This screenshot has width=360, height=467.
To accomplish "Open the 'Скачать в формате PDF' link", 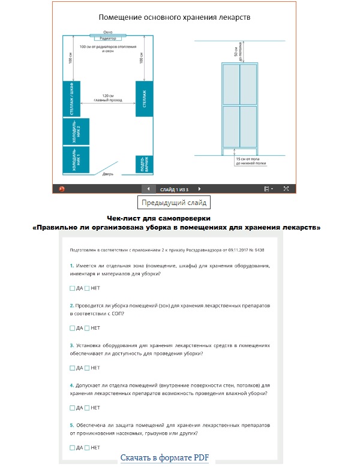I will click(164, 458).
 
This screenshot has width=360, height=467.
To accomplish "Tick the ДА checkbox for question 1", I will click(72, 288).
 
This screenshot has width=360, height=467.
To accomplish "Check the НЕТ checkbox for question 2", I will click(87, 328).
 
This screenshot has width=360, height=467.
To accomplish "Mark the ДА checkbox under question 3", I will click(72, 368).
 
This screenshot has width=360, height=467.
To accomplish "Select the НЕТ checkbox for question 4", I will click(87, 408).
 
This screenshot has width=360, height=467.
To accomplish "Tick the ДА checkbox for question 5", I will click(72, 448).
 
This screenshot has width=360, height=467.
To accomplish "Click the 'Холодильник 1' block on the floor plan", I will click(76, 160).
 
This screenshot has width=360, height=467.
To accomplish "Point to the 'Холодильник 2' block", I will click(76, 131).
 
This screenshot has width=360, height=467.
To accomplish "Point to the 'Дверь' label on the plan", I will click(108, 174).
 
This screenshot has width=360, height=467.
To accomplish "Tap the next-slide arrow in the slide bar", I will click(200, 188).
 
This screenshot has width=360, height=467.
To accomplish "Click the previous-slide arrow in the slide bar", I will click(148, 188).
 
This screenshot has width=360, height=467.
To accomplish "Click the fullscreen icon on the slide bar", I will click(286, 188).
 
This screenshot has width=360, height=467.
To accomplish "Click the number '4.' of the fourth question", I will click(72, 385).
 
